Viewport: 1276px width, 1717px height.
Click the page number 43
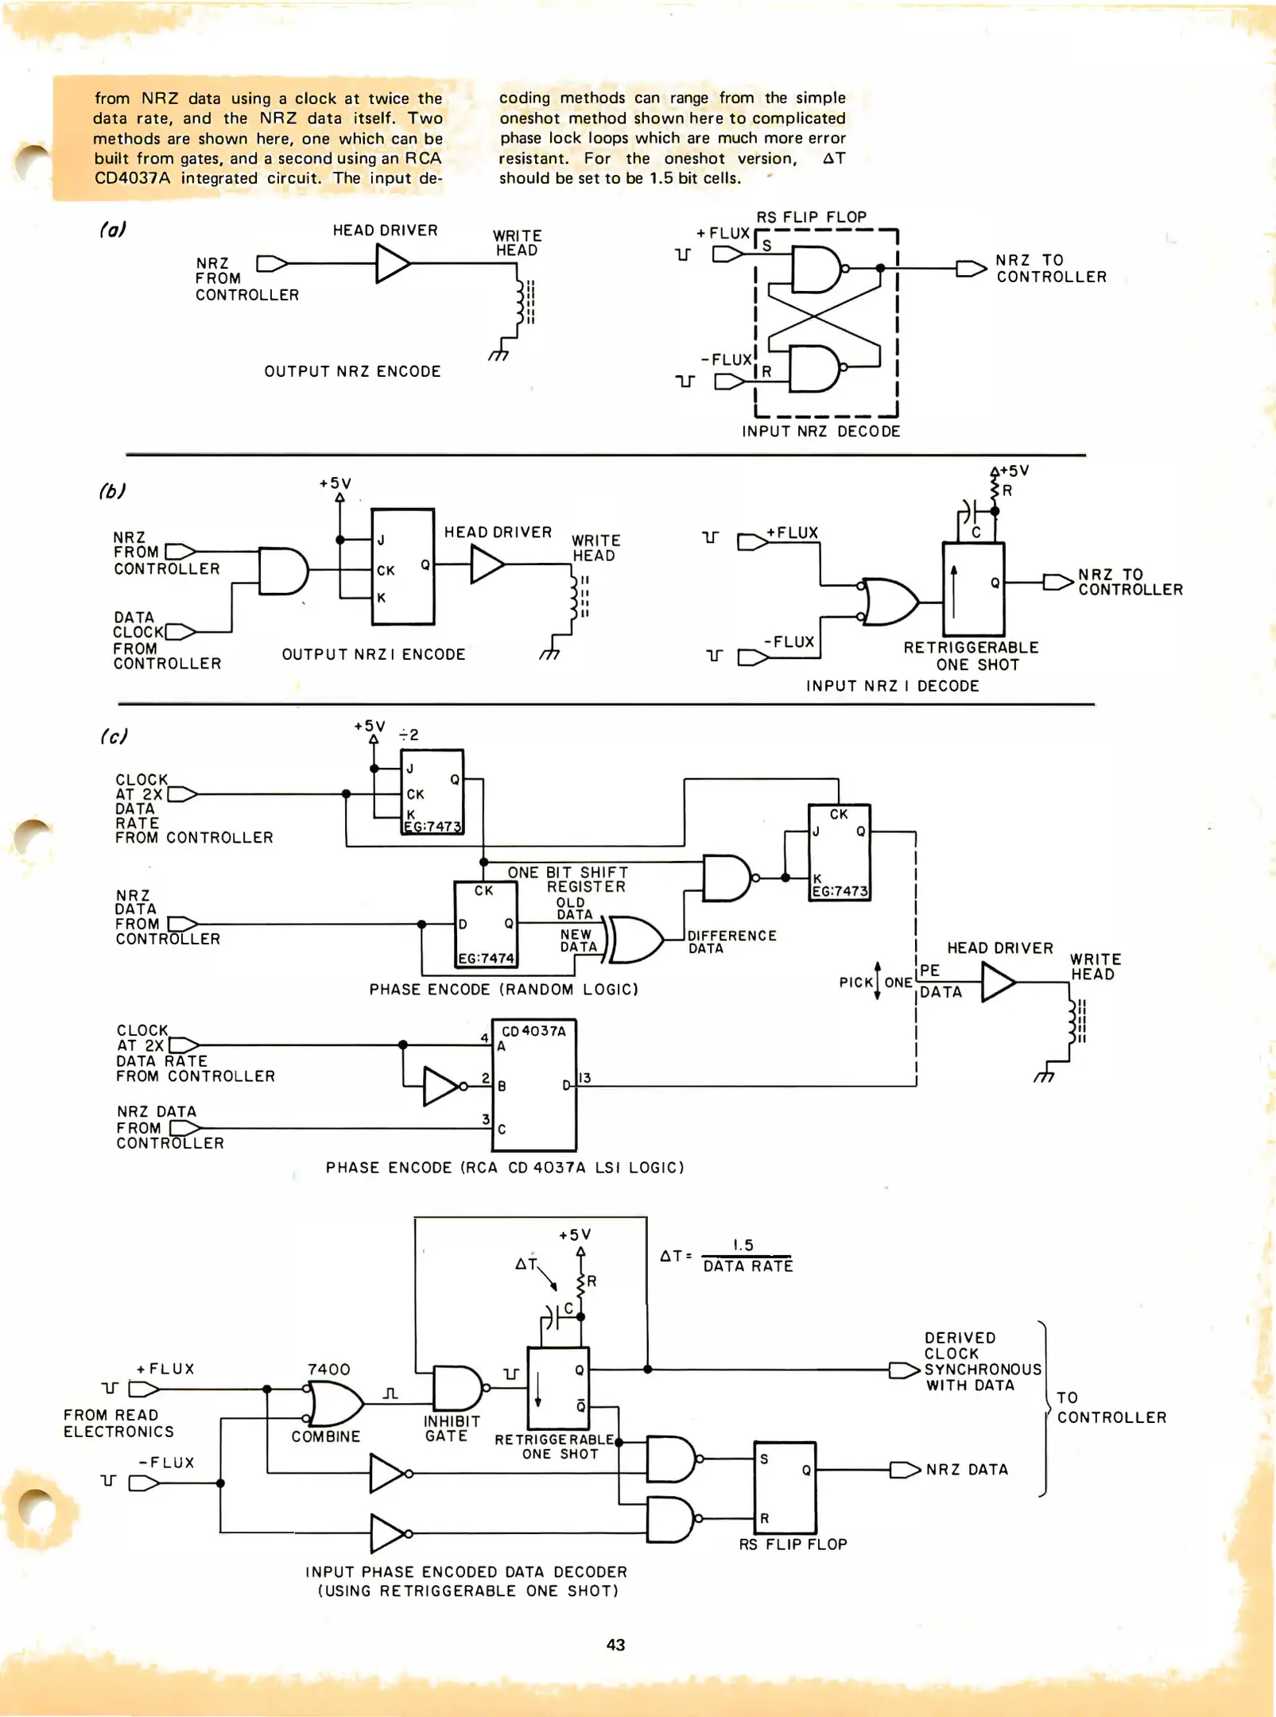(615, 1645)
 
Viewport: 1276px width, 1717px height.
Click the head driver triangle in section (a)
(391, 263)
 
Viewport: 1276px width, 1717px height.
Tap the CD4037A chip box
(534, 1086)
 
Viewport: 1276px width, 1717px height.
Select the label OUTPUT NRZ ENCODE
(352, 371)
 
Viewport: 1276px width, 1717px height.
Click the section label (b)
(112, 490)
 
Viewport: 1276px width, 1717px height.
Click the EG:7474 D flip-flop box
(485, 924)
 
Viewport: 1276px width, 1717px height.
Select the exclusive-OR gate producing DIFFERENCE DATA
(634, 940)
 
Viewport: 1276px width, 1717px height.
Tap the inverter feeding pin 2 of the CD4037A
(441, 1087)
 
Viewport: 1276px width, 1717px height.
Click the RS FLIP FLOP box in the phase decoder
(785, 1487)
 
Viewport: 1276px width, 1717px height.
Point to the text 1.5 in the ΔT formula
(743, 1245)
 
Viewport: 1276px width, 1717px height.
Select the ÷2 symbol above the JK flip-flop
(409, 734)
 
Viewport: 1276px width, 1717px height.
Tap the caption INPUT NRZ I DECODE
(892, 685)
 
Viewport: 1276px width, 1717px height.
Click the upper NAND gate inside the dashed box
(816, 269)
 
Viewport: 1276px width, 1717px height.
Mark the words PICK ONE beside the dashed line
(876, 982)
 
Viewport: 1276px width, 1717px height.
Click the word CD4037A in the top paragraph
(132, 178)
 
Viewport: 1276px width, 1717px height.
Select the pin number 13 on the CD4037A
(585, 1078)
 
